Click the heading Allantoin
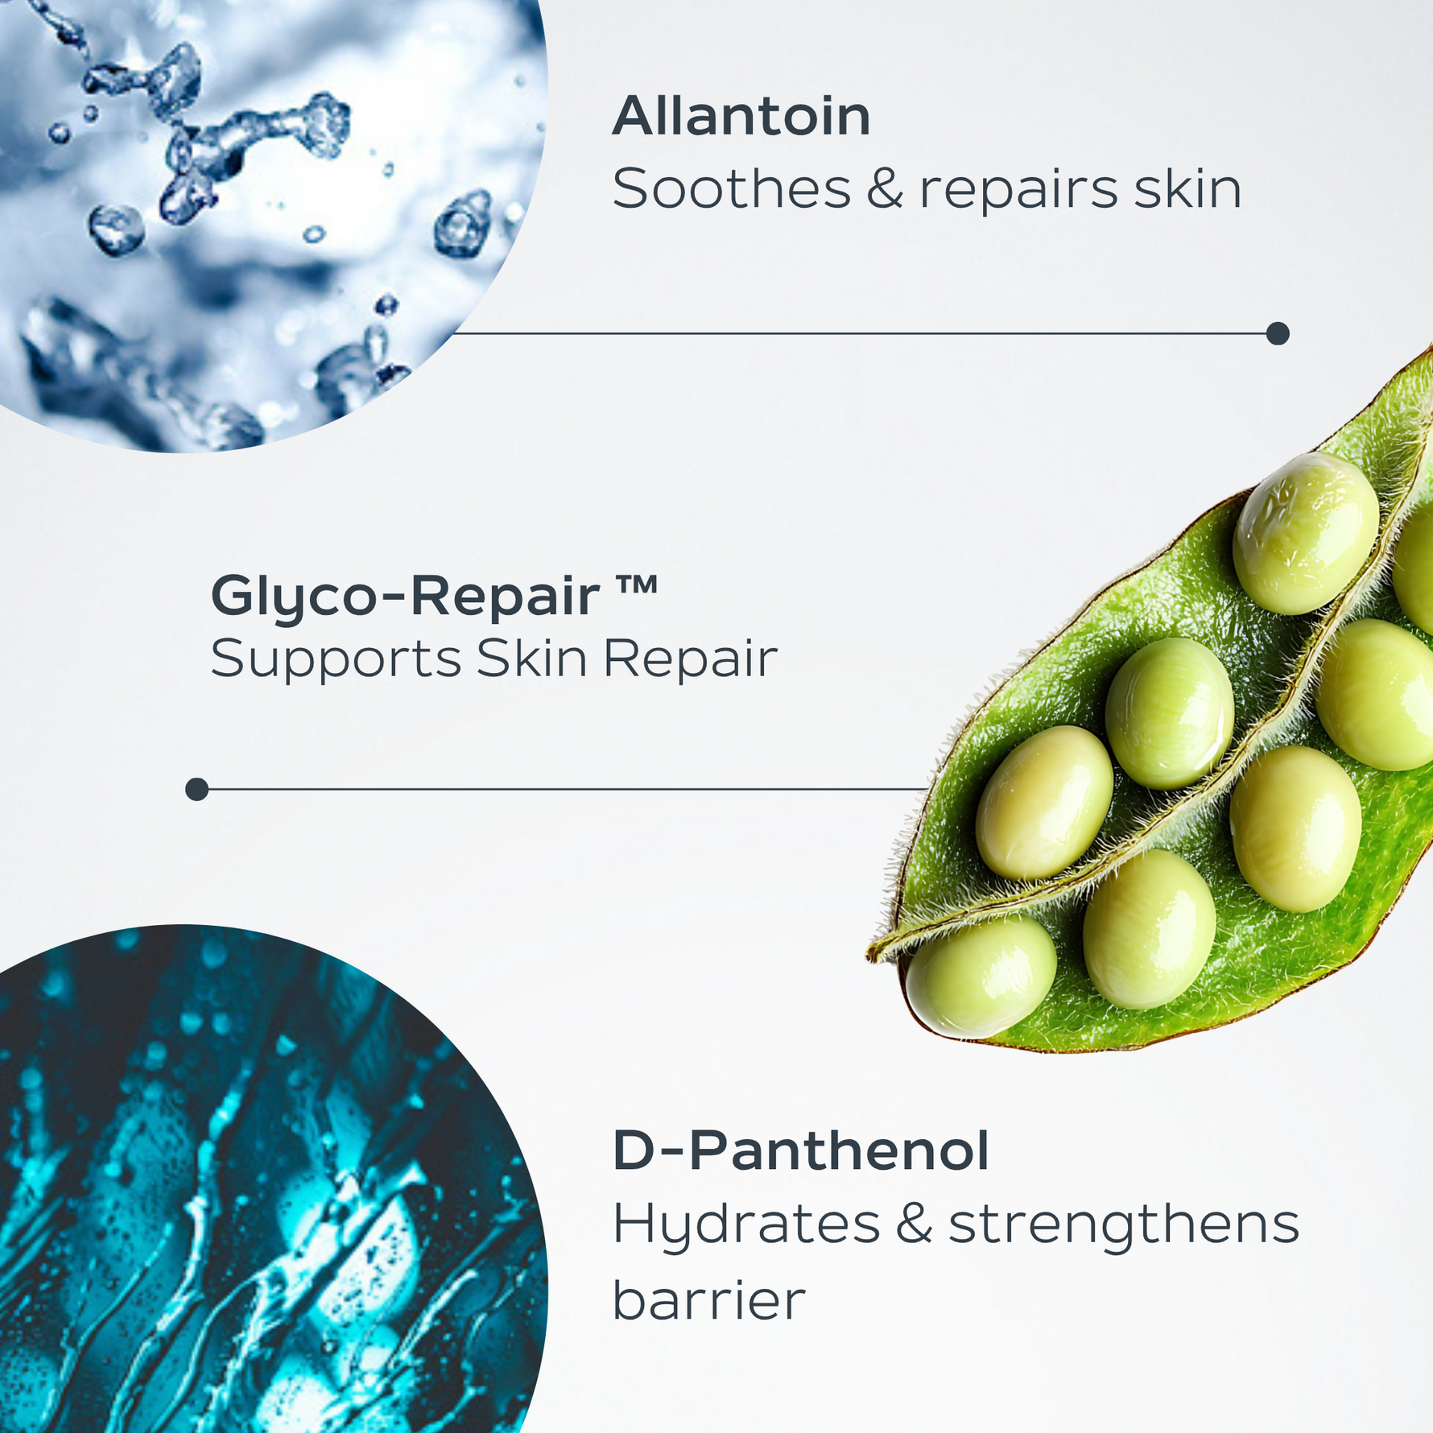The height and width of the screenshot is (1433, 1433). [741, 117]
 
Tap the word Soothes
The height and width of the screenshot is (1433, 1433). [731, 190]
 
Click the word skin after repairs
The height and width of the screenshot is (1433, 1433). [1187, 190]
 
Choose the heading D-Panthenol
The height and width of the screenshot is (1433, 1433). [800, 1151]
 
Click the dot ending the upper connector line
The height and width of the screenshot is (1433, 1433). [1278, 333]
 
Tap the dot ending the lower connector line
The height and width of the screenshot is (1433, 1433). [197, 789]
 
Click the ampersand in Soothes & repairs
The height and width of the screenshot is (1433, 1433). [885, 191]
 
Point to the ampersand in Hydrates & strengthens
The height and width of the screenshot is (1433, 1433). [914, 1224]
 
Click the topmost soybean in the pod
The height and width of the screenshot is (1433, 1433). [1305, 532]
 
